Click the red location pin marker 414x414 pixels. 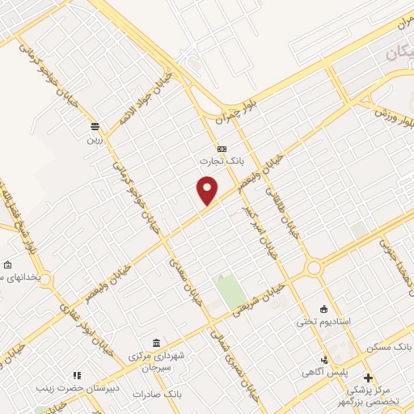pyautogui.click(x=209, y=192)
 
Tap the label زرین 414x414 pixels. pyautogui.click(x=95, y=138)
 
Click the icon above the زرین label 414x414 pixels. pyautogui.click(x=95, y=126)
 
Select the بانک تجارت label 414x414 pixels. pyautogui.click(x=222, y=162)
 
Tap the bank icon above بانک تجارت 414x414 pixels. pyautogui.click(x=222, y=150)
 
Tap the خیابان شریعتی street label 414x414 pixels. pyautogui.click(x=260, y=298)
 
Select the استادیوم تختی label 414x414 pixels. pyautogui.click(x=324, y=321)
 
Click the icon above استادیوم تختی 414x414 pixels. pyautogui.click(x=324, y=309)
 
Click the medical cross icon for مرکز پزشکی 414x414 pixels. pyautogui.click(x=369, y=378)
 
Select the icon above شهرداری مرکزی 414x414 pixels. pyautogui.click(x=155, y=343)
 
